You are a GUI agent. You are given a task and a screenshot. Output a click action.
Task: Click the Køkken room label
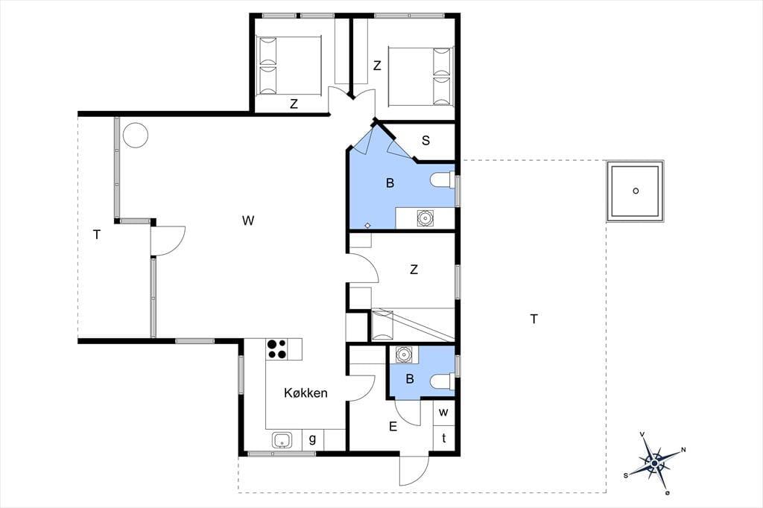click(x=305, y=393)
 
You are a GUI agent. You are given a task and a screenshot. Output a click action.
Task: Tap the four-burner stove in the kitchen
click(x=276, y=349)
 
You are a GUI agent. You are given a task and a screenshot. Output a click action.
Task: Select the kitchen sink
click(x=281, y=440)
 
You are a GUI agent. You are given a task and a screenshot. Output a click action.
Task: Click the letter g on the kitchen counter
click(x=312, y=439)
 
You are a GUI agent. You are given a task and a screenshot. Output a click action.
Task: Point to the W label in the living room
click(x=248, y=220)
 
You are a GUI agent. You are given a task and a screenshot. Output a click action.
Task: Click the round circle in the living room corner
click(x=136, y=135)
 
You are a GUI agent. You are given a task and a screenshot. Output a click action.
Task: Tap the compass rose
click(x=654, y=463)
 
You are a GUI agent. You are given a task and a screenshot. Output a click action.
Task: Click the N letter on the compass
click(x=683, y=450)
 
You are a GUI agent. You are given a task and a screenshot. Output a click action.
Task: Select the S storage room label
click(x=425, y=141)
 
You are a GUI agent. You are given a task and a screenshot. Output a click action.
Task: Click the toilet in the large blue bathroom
click(x=442, y=180)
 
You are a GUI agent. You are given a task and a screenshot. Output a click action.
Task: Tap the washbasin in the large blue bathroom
click(x=425, y=218)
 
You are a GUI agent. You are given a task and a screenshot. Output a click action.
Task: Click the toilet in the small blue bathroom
click(x=443, y=381)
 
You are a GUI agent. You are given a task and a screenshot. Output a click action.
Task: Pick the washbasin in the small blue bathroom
click(x=403, y=355)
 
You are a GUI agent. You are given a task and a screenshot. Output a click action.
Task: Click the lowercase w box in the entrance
click(x=444, y=413)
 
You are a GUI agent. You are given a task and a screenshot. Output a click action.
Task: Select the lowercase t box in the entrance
click(x=444, y=438)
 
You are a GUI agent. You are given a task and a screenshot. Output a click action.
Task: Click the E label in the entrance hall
click(x=393, y=427)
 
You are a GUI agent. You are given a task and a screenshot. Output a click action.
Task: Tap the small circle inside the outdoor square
click(x=636, y=191)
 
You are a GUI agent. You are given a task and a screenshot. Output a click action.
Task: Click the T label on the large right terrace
click(x=534, y=320)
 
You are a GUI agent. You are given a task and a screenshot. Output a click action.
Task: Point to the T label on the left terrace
click(x=97, y=235)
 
